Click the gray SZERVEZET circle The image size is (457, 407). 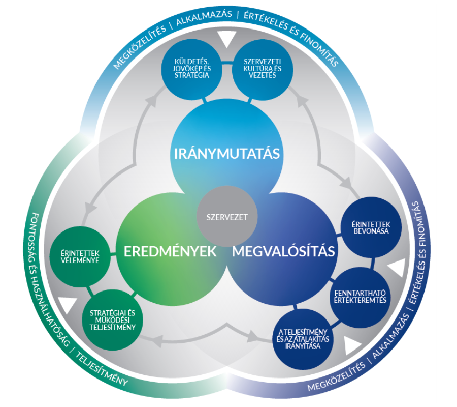point(227,216)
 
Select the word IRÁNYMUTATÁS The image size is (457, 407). point(227,154)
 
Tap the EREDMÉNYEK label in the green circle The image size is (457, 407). point(170,251)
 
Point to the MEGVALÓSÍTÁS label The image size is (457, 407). point(283,251)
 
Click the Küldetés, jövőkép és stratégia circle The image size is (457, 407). point(191,70)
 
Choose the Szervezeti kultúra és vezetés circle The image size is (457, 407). point(263,70)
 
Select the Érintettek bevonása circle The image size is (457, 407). point(371,228)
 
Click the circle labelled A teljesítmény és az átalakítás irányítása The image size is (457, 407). point(303,339)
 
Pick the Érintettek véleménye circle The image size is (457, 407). point(80,257)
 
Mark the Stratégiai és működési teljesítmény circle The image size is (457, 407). point(113,320)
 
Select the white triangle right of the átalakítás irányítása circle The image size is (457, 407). point(351,345)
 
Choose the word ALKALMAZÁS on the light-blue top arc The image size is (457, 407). point(204,17)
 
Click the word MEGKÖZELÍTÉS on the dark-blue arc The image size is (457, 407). point(337,377)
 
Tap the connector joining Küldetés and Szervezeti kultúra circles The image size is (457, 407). point(227,62)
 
